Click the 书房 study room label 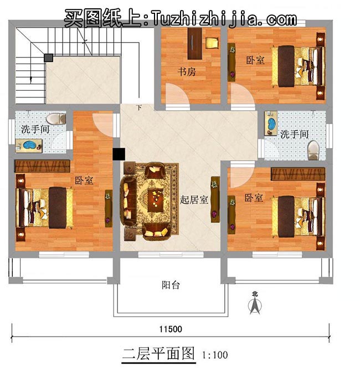187,72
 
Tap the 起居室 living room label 194,200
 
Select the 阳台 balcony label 171,286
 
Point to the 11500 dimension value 171,329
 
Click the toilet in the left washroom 54,119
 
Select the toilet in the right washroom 313,148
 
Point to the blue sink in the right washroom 271,124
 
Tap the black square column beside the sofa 117,155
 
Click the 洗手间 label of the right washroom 294,134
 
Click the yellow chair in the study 212,43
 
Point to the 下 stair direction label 138,107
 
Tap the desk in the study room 194,43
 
